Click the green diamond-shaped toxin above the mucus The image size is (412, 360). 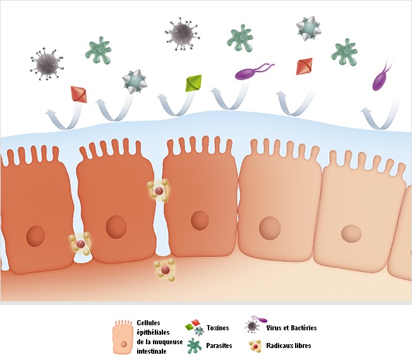pos(193,83)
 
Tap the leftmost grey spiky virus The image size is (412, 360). pos(47,64)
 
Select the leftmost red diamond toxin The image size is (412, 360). pos(79,94)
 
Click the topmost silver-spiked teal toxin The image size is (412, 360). pos(308,28)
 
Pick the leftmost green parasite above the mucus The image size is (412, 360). pos(99,51)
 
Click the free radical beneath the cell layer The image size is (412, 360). pos(165,270)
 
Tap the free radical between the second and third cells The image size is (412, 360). pos(159,191)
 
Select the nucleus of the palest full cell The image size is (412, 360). pos(351,233)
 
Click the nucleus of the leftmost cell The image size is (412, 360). pos(35,236)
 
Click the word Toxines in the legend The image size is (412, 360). pos(217,328)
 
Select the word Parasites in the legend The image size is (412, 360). pos(219,345)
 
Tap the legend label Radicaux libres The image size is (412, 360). pos(289,345)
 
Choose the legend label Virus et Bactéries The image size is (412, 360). pos(291,328)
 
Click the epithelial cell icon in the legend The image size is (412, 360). pos(123,337)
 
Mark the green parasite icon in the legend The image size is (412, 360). pos(194,345)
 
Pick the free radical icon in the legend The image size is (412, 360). pos(255,346)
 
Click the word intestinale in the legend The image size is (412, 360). pos(152,351)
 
